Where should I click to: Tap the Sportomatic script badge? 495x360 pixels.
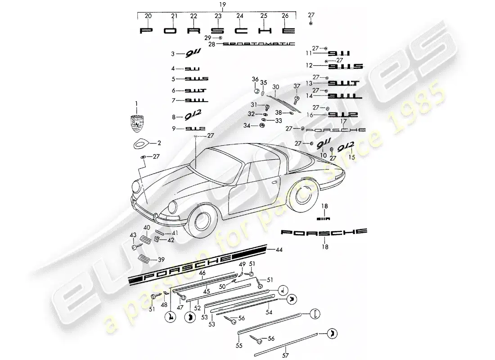[259, 45]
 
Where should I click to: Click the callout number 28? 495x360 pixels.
[212, 45]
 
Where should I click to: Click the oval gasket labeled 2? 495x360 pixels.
[141, 144]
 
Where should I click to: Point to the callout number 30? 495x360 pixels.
[276, 86]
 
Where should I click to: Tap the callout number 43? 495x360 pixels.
[133, 235]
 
